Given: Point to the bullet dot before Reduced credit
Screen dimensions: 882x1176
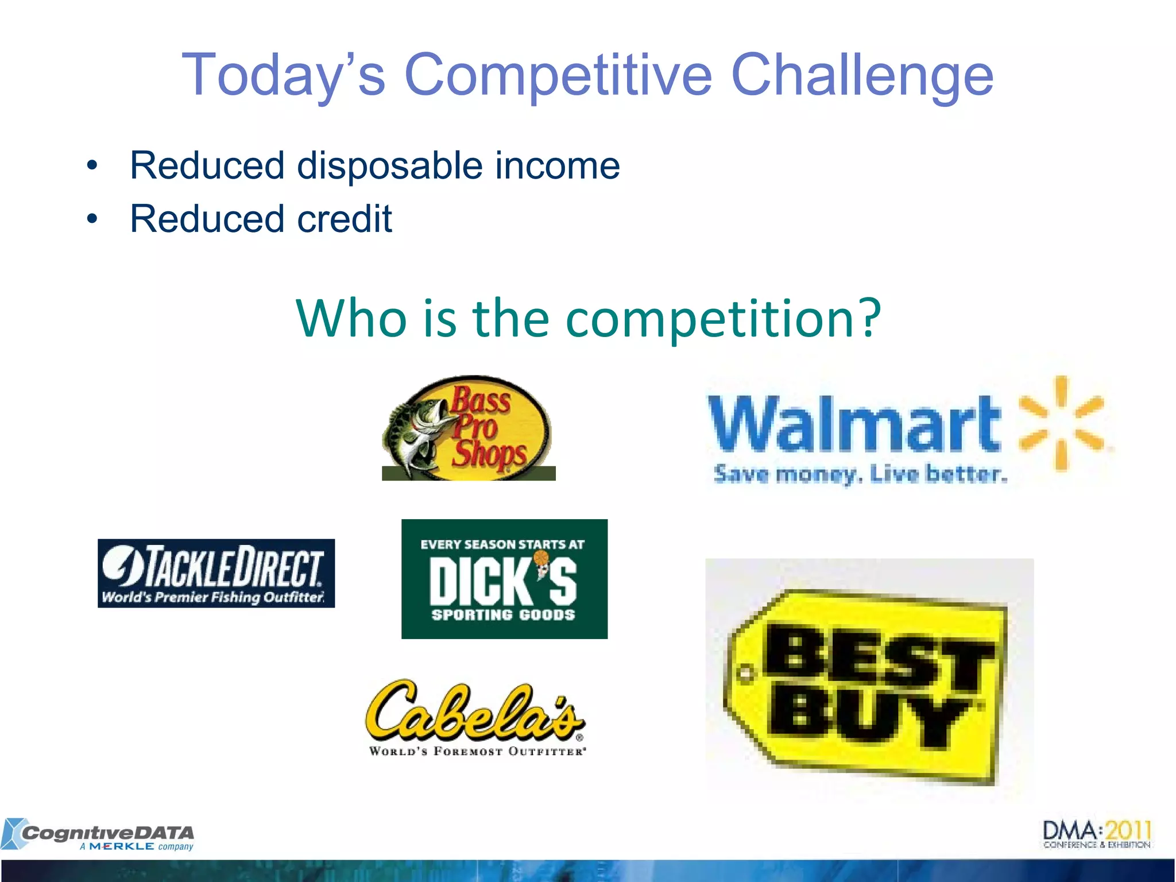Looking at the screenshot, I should point(92,219).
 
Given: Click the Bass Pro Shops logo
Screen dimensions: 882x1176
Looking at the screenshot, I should point(468,428).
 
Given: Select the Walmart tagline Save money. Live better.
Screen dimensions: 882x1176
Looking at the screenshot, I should point(860,474).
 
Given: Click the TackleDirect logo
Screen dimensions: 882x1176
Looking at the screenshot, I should point(216,573).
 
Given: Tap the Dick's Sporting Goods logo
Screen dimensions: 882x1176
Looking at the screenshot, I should point(504,579).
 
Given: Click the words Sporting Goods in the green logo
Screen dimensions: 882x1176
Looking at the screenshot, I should point(503,615).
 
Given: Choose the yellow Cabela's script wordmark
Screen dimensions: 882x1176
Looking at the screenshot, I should point(474,712).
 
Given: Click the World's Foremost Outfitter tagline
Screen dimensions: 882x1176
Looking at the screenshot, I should point(477,751).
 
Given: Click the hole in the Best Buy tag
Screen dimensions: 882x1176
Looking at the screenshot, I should point(746,673).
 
